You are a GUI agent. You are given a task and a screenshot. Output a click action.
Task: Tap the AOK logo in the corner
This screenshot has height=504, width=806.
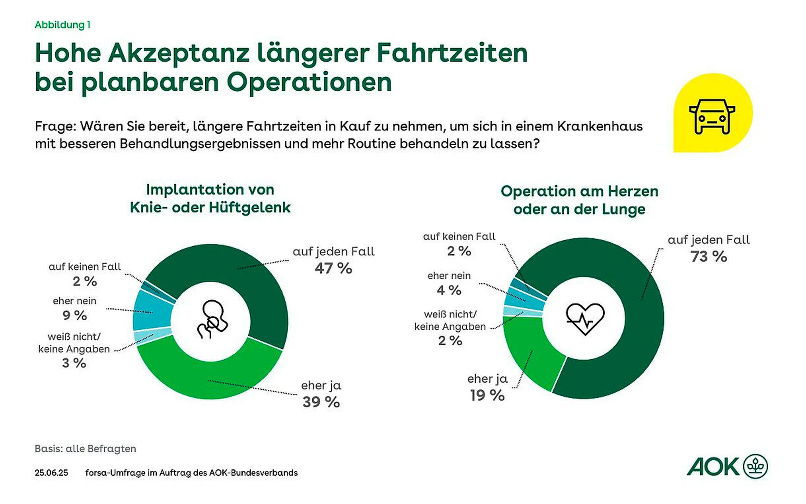727,467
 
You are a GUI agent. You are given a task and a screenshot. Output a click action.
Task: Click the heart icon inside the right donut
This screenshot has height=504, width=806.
585,319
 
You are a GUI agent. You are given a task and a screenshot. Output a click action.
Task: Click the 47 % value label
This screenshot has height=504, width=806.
333,269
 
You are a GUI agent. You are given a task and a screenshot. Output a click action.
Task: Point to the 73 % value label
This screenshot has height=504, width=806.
708,257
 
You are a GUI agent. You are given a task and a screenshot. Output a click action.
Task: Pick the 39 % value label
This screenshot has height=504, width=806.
321,402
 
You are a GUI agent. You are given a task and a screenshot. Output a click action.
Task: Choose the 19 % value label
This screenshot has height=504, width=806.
487,395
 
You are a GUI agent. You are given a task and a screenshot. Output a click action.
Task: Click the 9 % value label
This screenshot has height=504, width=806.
75,315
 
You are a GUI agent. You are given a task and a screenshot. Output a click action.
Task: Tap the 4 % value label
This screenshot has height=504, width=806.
449,290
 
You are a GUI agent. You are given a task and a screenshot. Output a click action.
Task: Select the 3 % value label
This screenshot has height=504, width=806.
74,363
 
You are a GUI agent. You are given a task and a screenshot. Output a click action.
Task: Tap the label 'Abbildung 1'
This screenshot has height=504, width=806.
62,25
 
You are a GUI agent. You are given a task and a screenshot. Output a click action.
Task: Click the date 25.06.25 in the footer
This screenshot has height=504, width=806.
51,473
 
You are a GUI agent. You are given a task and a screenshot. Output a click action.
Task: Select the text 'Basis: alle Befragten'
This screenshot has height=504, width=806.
85,448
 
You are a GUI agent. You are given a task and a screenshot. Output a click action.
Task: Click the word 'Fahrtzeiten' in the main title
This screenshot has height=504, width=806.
452,53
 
